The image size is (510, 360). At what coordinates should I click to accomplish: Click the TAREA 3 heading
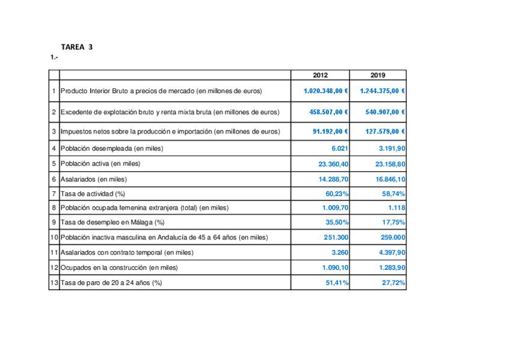pos(77,46)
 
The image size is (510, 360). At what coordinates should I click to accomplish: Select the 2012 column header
pos(321,75)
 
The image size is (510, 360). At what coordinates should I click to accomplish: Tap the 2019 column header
pos(378,75)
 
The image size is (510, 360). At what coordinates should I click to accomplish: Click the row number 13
pos(54,282)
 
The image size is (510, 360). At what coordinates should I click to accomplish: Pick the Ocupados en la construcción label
pos(119,267)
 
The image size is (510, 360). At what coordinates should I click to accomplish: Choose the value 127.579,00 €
pos(385,131)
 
